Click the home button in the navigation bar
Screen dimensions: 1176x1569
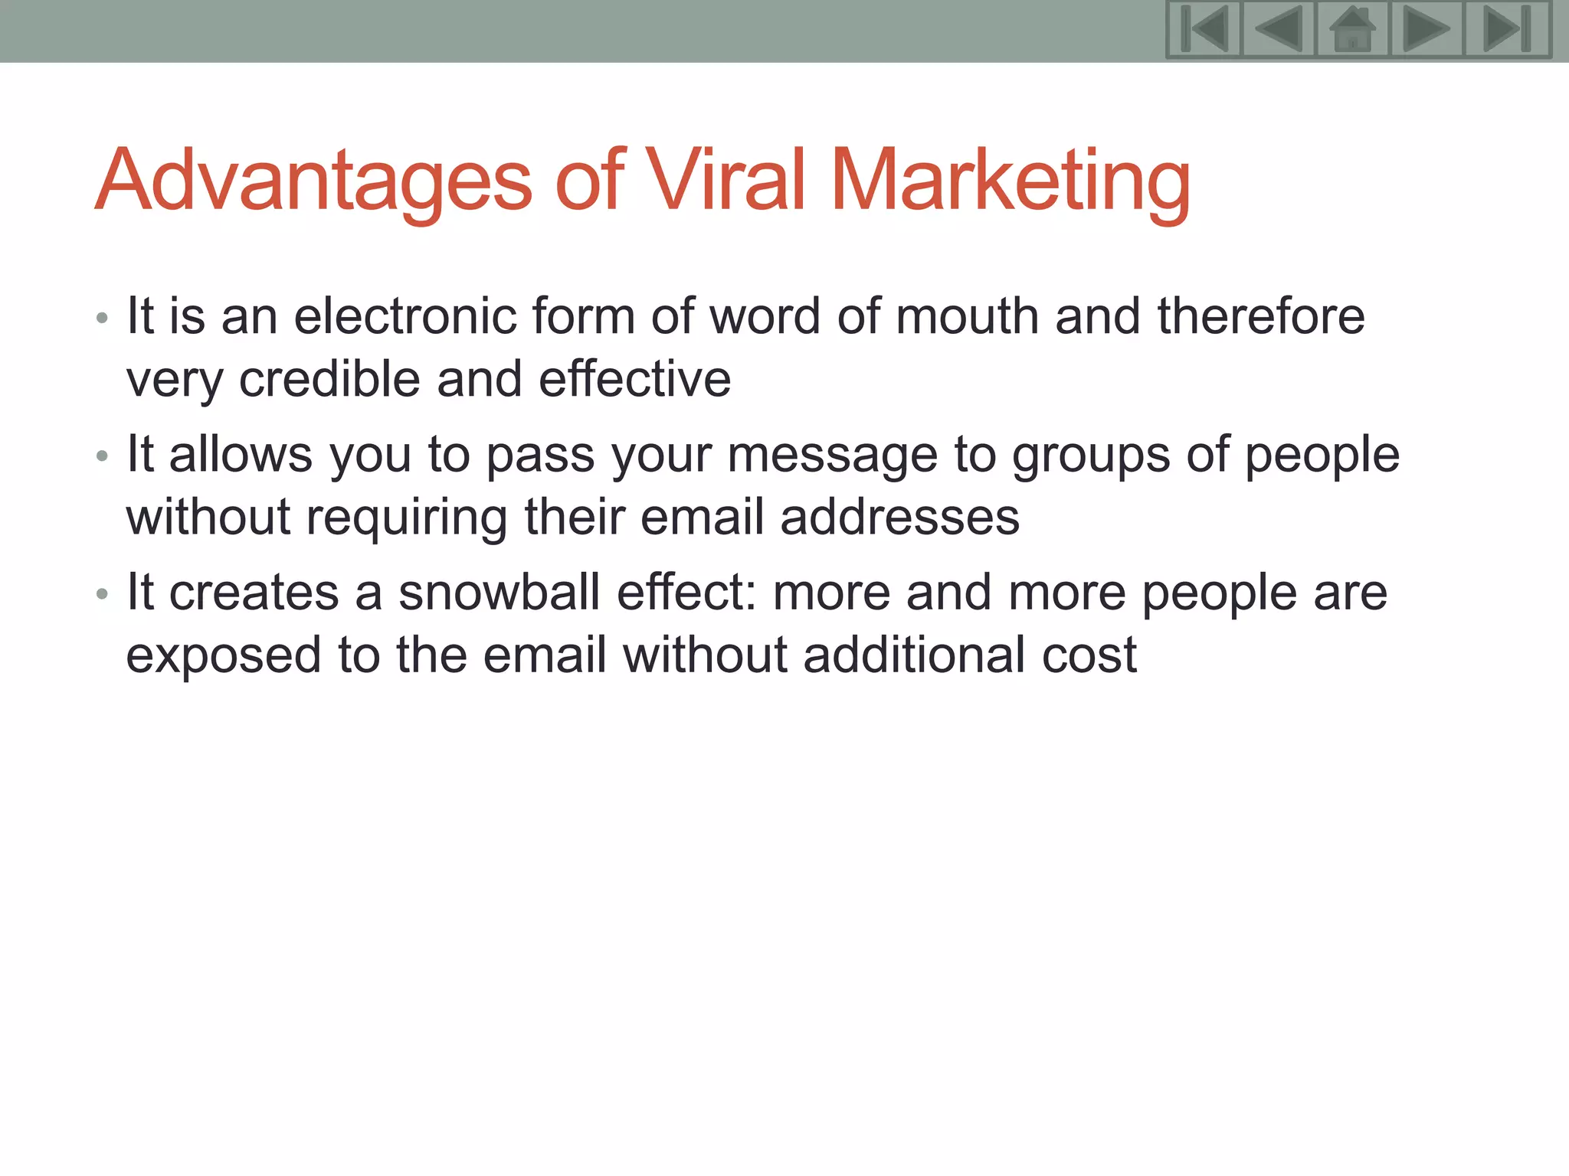1352,29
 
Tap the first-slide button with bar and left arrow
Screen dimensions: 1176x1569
1204,29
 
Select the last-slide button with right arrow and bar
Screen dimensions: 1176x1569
1507,29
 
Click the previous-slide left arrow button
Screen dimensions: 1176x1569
1278,29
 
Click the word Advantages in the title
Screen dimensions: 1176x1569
313,181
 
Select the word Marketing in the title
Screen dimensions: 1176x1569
1011,181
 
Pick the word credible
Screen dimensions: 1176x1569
329,379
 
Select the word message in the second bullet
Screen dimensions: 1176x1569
832,456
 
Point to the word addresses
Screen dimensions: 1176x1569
899,517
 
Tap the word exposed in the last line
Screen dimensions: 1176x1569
223,656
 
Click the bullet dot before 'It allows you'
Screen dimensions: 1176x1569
103,457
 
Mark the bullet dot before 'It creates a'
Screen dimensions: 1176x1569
103,595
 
